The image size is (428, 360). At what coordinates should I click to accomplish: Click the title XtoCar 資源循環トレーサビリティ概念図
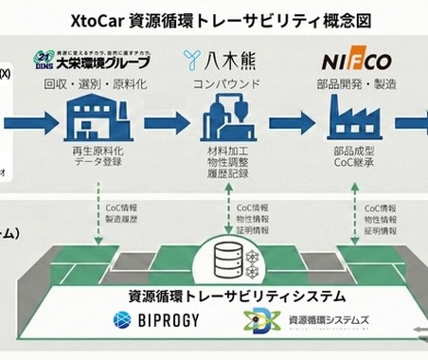(214, 18)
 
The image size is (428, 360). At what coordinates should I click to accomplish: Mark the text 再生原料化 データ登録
(98, 156)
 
